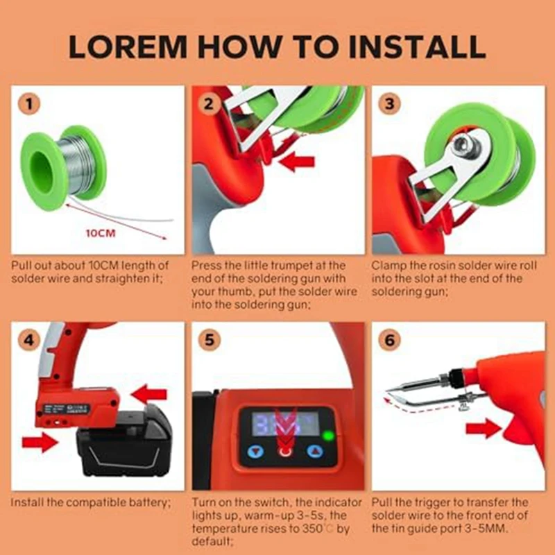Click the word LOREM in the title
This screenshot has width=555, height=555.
(127, 46)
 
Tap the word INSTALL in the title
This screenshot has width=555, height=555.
(417, 46)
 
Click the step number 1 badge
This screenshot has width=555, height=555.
(29, 104)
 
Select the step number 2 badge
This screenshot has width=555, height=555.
(209, 104)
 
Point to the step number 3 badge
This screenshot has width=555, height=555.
(389, 104)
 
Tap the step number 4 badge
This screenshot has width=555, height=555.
(29, 340)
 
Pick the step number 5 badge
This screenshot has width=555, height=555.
(210, 340)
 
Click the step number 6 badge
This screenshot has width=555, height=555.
(389, 340)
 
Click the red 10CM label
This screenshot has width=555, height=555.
(101, 233)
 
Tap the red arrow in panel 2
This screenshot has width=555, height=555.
(297, 162)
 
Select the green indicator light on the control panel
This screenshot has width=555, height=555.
(329, 436)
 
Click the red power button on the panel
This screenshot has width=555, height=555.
(285, 452)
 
